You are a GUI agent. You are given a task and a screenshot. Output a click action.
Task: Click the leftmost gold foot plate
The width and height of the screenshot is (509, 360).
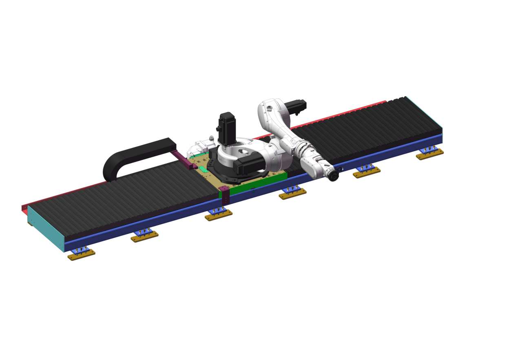pyautogui.click(x=82, y=255)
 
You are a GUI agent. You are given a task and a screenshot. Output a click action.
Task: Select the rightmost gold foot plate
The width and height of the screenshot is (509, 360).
pyautogui.click(x=430, y=154)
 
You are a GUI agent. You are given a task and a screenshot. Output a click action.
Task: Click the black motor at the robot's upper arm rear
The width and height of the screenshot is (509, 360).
pyautogui.click(x=297, y=107)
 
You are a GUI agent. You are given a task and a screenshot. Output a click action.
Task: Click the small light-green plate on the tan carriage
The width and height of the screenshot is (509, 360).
pyautogui.click(x=203, y=169)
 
